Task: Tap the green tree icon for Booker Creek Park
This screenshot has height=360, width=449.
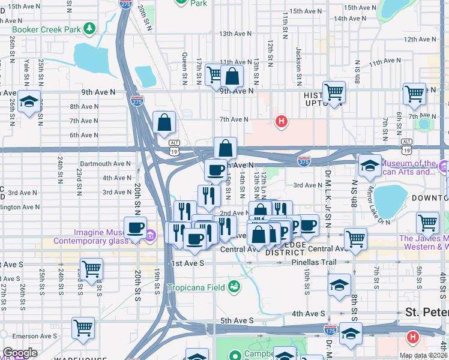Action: click(x=89, y=28)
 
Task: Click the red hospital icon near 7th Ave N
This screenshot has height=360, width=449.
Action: click(x=280, y=122)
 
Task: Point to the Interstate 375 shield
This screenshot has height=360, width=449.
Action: click(x=304, y=161)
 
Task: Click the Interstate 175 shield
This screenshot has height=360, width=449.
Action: click(x=330, y=329)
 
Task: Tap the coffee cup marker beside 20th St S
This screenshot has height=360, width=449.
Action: click(x=135, y=228)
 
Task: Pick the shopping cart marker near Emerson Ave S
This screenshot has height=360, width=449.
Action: click(x=83, y=328)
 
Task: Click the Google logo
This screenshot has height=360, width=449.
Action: click(x=20, y=353)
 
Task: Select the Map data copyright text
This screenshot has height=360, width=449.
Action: click(x=423, y=355)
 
